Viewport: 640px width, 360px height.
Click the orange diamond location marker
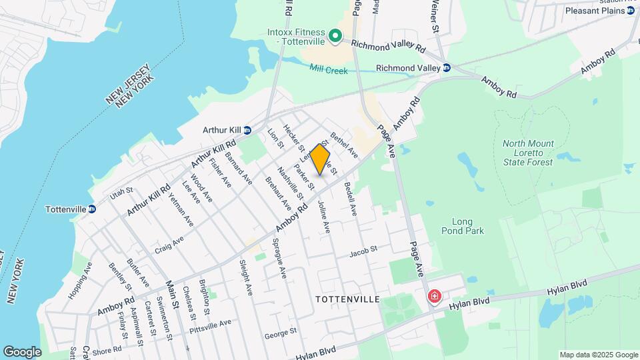tap(320, 160)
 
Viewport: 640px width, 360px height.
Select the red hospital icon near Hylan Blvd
tap(435, 295)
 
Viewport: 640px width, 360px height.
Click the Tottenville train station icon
tap(92, 209)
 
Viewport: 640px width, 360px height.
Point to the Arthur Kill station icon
tap(247, 130)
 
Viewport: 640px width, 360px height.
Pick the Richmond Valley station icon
tap(447, 68)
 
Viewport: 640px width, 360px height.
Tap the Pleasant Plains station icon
tap(631, 11)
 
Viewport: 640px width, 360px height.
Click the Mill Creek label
tap(329, 69)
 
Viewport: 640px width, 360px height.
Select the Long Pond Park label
tap(462, 226)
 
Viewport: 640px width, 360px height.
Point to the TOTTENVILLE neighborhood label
tap(348, 299)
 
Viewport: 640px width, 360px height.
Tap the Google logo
tap(22, 351)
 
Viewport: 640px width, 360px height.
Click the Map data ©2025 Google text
tap(598, 355)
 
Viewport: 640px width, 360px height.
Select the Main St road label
tap(173, 294)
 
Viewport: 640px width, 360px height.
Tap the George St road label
tap(280, 331)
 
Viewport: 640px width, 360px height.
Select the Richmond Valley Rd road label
tap(388, 47)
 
